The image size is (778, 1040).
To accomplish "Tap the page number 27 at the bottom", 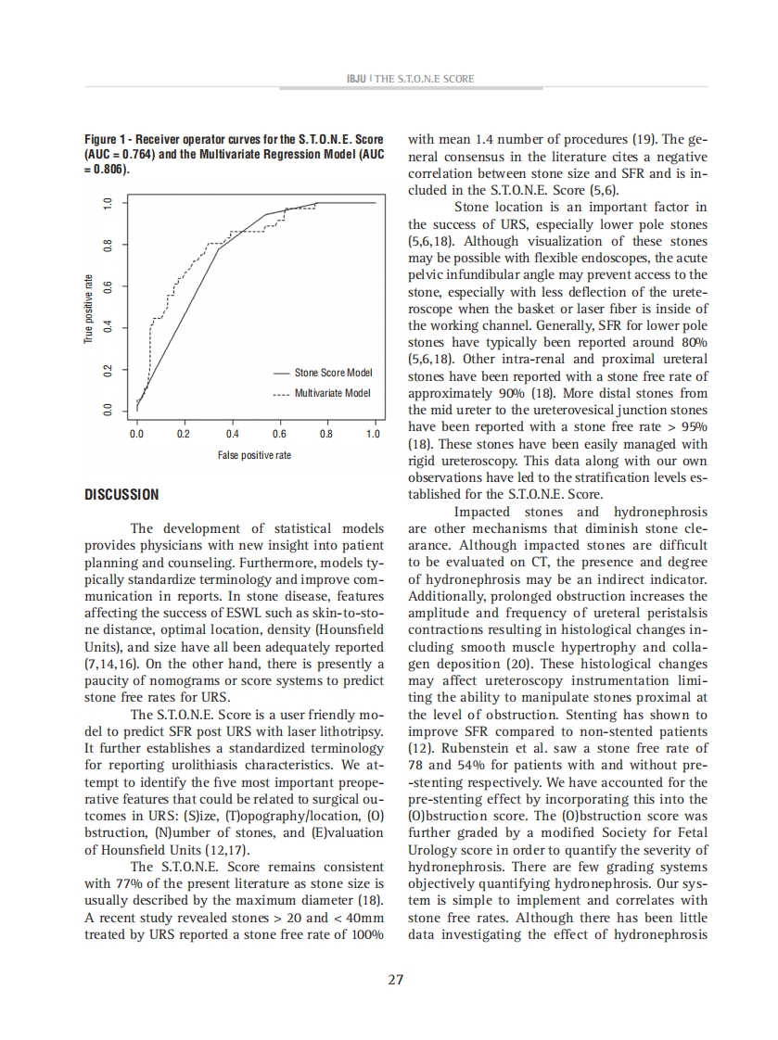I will tap(395, 980).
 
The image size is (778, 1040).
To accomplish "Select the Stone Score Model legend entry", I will tap(333, 373).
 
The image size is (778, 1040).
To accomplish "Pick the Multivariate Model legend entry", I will tap(332, 392).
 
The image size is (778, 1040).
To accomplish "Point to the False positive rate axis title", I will tap(254, 455).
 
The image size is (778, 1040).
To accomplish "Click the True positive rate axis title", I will tap(88, 309).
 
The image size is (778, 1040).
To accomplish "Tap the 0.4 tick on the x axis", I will tap(232, 434).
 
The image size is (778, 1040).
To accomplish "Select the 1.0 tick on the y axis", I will tap(108, 202).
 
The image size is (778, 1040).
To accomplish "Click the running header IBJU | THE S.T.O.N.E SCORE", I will tap(395, 79).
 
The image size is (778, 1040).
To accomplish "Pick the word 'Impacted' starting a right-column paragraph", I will tap(481, 512).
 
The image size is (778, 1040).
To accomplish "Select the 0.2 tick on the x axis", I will tap(185, 434).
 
